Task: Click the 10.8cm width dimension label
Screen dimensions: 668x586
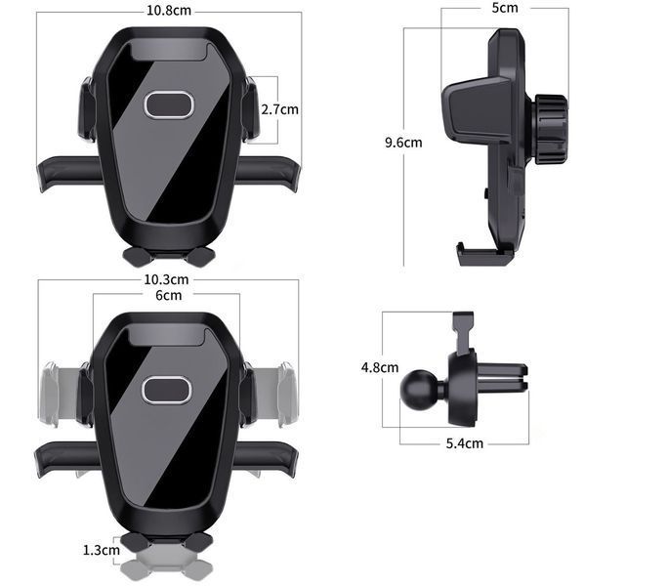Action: (x=169, y=10)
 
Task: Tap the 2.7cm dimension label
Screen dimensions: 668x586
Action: (x=280, y=109)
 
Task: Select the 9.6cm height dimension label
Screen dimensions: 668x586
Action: (x=403, y=143)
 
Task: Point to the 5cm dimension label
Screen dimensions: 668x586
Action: (x=505, y=8)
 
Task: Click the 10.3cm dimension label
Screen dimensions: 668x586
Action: (x=166, y=279)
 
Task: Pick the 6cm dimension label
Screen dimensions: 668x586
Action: (x=168, y=295)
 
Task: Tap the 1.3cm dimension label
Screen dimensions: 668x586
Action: (x=101, y=550)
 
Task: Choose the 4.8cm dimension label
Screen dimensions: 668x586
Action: (x=380, y=367)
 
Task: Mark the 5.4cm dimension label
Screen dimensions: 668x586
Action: (x=464, y=443)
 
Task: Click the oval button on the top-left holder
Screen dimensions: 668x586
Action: (x=169, y=104)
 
